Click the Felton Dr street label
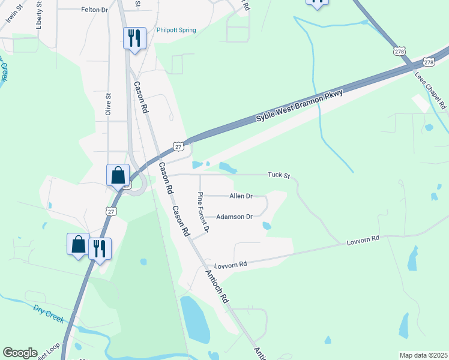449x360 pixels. point(94,10)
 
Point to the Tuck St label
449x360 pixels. point(279,176)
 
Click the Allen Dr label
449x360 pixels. point(241,196)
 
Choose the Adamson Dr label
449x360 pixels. point(234,217)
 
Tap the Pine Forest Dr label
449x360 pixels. point(203,212)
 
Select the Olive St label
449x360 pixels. point(109,103)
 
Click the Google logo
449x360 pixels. point(20,352)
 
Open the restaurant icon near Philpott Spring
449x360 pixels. point(134,38)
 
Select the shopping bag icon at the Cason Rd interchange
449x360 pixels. point(118,175)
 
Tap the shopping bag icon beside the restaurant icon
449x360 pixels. point(78,245)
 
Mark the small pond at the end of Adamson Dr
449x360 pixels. point(267,226)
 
